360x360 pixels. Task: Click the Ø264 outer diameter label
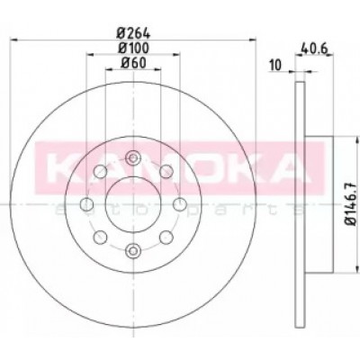[133, 33]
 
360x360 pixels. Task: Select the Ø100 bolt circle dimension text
[133, 48]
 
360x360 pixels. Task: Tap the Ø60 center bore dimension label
[133, 63]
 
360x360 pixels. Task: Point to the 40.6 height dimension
[314, 49]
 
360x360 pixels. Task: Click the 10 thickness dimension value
[276, 65]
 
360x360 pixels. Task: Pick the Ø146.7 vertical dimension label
[351, 204]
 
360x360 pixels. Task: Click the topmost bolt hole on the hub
[133, 158]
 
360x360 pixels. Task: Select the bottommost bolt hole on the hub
[133, 251]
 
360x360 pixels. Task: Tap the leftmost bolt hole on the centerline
[87, 204]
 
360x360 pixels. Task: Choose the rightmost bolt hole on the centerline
[179, 204]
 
